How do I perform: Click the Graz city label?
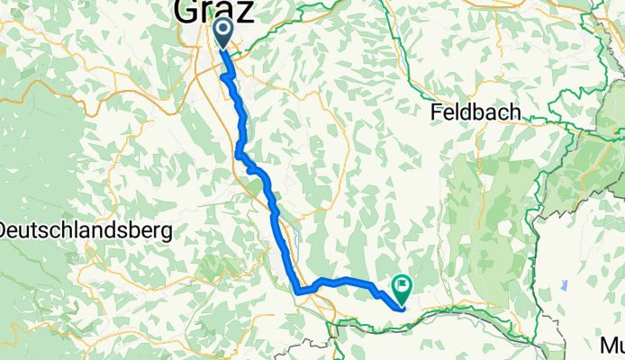(x=213, y=12)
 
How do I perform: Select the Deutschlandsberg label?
(x=86, y=230)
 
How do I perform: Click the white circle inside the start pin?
(x=222, y=29)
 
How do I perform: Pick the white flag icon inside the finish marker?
(x=401, y=287)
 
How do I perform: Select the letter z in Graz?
(x=244, y=12)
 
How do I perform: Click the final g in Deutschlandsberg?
(x=167, y=233)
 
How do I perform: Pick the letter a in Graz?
(x=226, y=13)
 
